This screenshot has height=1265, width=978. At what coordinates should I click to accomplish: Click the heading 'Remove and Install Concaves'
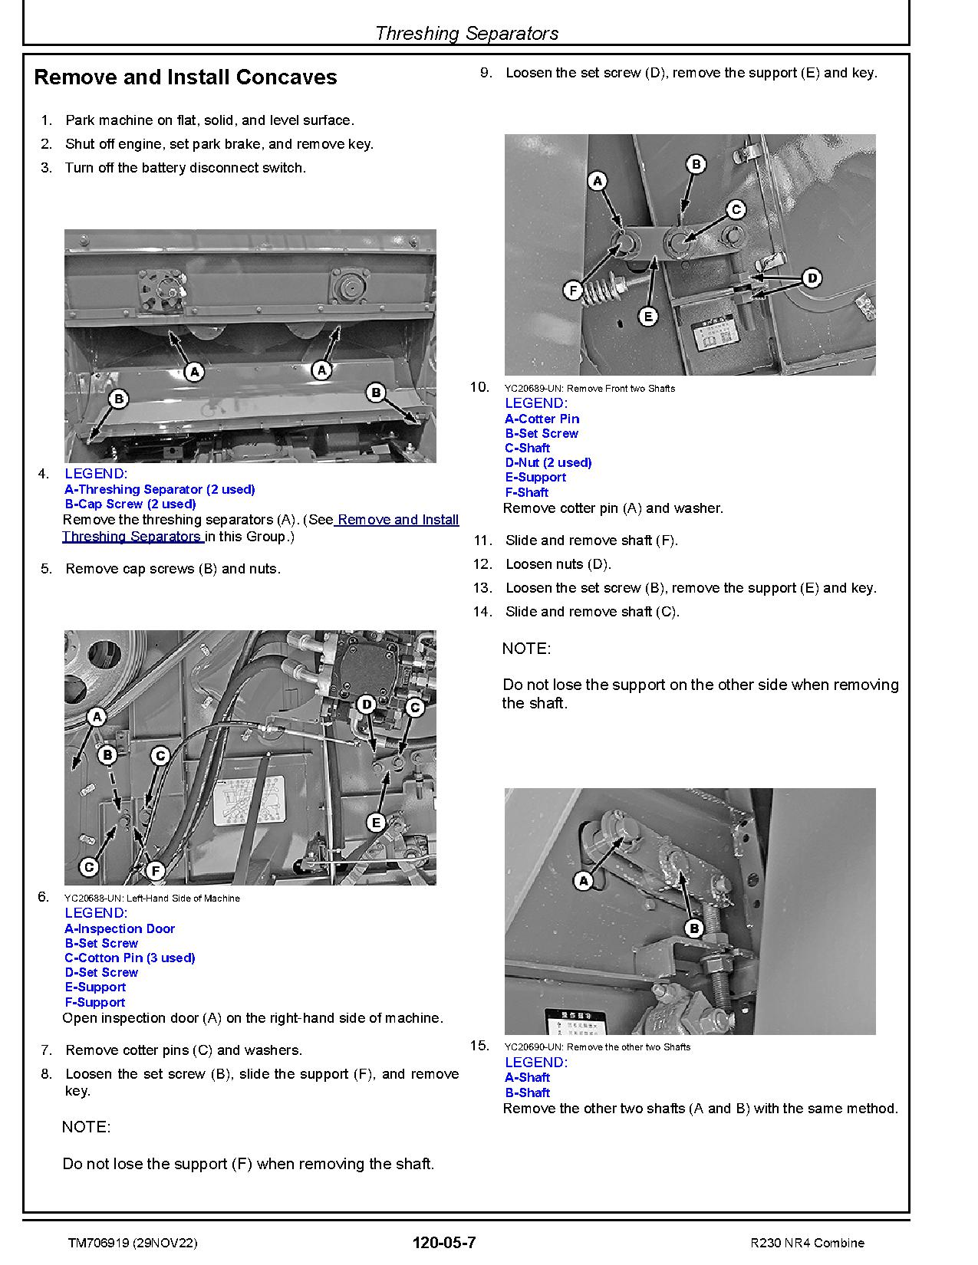click(x=186, y=77)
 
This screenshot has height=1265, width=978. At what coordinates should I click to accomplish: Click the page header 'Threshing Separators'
click(x=466, y=33)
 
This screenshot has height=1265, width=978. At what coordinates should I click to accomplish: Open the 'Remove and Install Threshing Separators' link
click(x=261, y=528)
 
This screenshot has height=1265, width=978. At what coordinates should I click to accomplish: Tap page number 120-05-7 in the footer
click(x=443, y=1243)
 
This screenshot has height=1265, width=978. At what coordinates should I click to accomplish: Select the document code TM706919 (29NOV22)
click(x=132, y=1243)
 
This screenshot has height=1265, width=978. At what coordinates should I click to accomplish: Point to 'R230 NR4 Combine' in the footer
click(x=807, y=1243)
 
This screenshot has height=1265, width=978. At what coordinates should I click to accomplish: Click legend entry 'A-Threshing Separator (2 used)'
click(x=160, y=489)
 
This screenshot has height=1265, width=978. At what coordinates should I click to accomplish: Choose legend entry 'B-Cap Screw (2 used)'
click(x=130, y=504)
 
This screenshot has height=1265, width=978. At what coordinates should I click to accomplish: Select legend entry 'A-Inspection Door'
click(x=120, y=928)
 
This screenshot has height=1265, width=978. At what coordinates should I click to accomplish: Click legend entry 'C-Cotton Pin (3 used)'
click(x=130, y=958)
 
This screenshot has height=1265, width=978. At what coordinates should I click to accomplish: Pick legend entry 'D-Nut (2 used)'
click(x=548, y=462)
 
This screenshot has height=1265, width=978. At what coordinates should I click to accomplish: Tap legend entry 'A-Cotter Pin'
click(x=542, y=419)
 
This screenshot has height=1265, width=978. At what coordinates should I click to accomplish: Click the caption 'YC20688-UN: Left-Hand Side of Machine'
click(x=152, y=898)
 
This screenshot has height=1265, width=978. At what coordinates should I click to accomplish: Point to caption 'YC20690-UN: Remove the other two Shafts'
click(x=598, y=1046)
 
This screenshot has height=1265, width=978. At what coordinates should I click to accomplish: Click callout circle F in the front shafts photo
click(x=573, y=291)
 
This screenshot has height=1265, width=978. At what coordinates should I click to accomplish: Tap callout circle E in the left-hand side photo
click(x=376, y=823)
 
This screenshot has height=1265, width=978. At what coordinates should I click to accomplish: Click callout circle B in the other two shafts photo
click(x=693, y=928)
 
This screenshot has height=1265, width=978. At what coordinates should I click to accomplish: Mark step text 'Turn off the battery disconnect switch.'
click(x=185, y=168)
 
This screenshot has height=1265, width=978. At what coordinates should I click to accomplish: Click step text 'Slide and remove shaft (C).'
click(x=592, y=612)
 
